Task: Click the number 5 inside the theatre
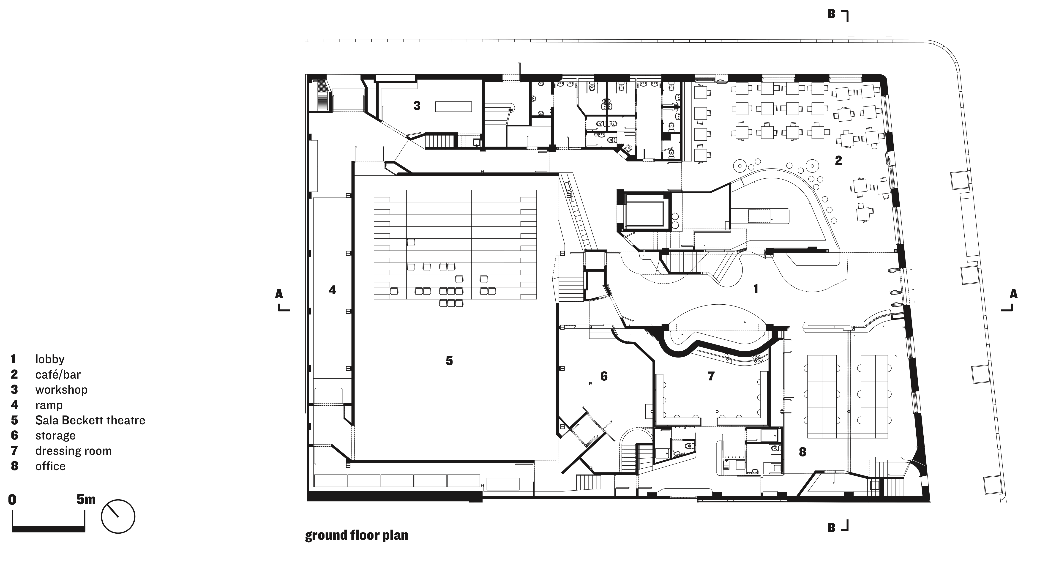tap(449, 361)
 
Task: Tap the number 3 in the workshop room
tap(417, 106)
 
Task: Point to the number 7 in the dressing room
tap(711, 376)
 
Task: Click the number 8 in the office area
tap(802, 452)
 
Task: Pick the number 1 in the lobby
tap(756, 289)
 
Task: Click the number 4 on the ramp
tap(332, 290)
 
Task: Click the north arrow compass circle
tap(118, 516)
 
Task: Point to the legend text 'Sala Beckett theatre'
tap(90, 420)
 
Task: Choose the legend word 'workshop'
tap(61, 390)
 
